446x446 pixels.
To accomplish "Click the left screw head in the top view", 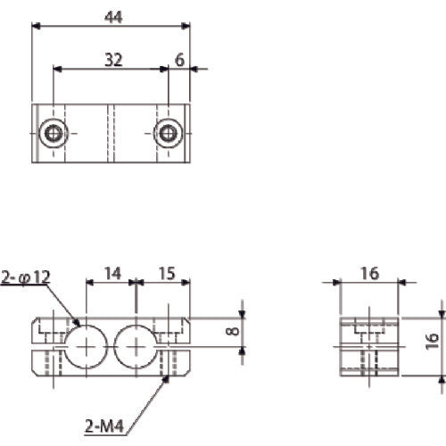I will tap(55, 134).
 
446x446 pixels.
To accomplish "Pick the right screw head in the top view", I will tap(166, 134).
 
